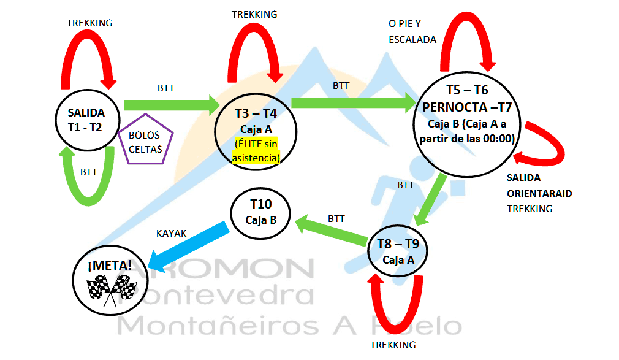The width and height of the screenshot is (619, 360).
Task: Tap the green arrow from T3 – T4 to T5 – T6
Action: (352, 102)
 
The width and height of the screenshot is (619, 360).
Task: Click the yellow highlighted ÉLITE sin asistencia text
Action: (256, 151)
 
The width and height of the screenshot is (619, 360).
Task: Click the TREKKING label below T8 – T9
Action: (393, 345)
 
